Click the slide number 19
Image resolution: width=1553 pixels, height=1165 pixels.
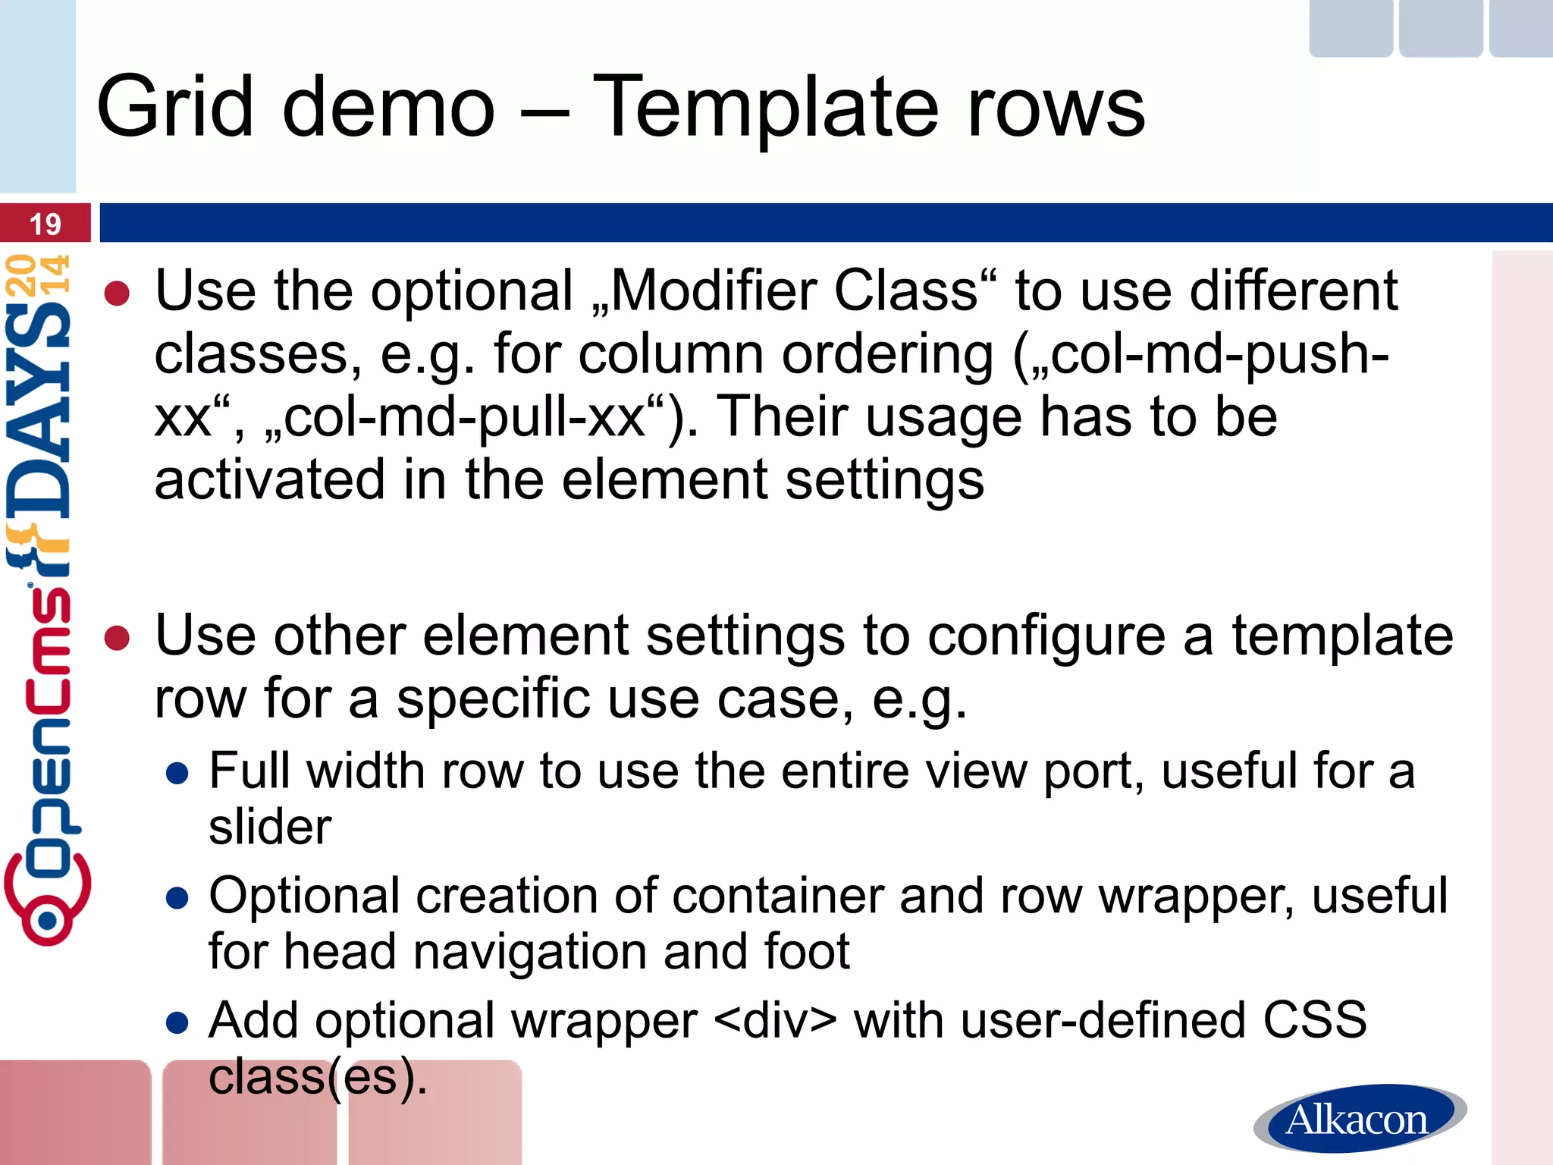[x=45, y=225]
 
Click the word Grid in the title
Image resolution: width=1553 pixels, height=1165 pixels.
[x=175, y=108]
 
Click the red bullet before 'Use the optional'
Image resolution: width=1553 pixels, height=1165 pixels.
[x=118, y=294]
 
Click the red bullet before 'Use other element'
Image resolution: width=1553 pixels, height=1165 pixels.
[x=118, y=638]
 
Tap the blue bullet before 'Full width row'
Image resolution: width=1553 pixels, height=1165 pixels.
[x=177, y=774]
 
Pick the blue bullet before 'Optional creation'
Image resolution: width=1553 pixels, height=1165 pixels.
[x=177, y=899]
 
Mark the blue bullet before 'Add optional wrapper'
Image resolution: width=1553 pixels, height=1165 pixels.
[x=177, y=1023]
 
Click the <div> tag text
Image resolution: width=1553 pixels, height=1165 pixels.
[x=775, y=1021]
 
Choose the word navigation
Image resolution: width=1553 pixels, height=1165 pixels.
[x=526, y=952]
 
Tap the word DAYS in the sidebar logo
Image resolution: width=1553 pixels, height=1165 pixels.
[x=38, y=410]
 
